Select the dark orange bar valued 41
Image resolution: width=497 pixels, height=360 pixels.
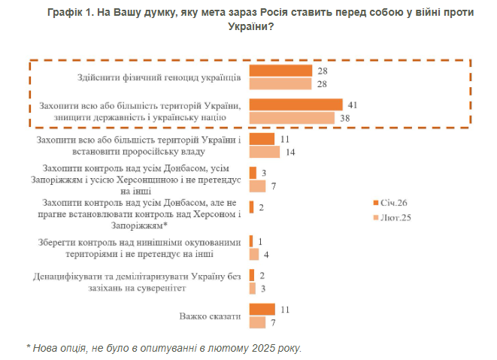(295, 104)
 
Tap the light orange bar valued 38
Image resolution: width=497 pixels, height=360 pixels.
(292, 117)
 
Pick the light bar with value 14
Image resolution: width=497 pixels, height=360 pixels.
(264, 153)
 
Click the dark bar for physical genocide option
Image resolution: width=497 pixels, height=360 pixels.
(280, 70)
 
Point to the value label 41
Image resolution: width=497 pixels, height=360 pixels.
(352, 104)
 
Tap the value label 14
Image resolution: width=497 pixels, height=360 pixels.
(288, 153)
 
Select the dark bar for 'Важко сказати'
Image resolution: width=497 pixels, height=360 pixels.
(262, 309)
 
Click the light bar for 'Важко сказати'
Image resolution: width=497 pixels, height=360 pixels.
(258, 322)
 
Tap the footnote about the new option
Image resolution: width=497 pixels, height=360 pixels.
(164, 348)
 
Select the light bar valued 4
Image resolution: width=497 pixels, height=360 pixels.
(253, 254)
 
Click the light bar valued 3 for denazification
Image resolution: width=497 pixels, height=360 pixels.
(252, 289)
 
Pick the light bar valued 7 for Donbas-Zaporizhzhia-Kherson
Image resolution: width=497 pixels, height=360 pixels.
(257, 186)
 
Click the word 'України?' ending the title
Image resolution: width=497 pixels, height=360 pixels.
(250, 26)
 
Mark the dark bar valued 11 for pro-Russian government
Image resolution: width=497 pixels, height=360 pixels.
(262, 140)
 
